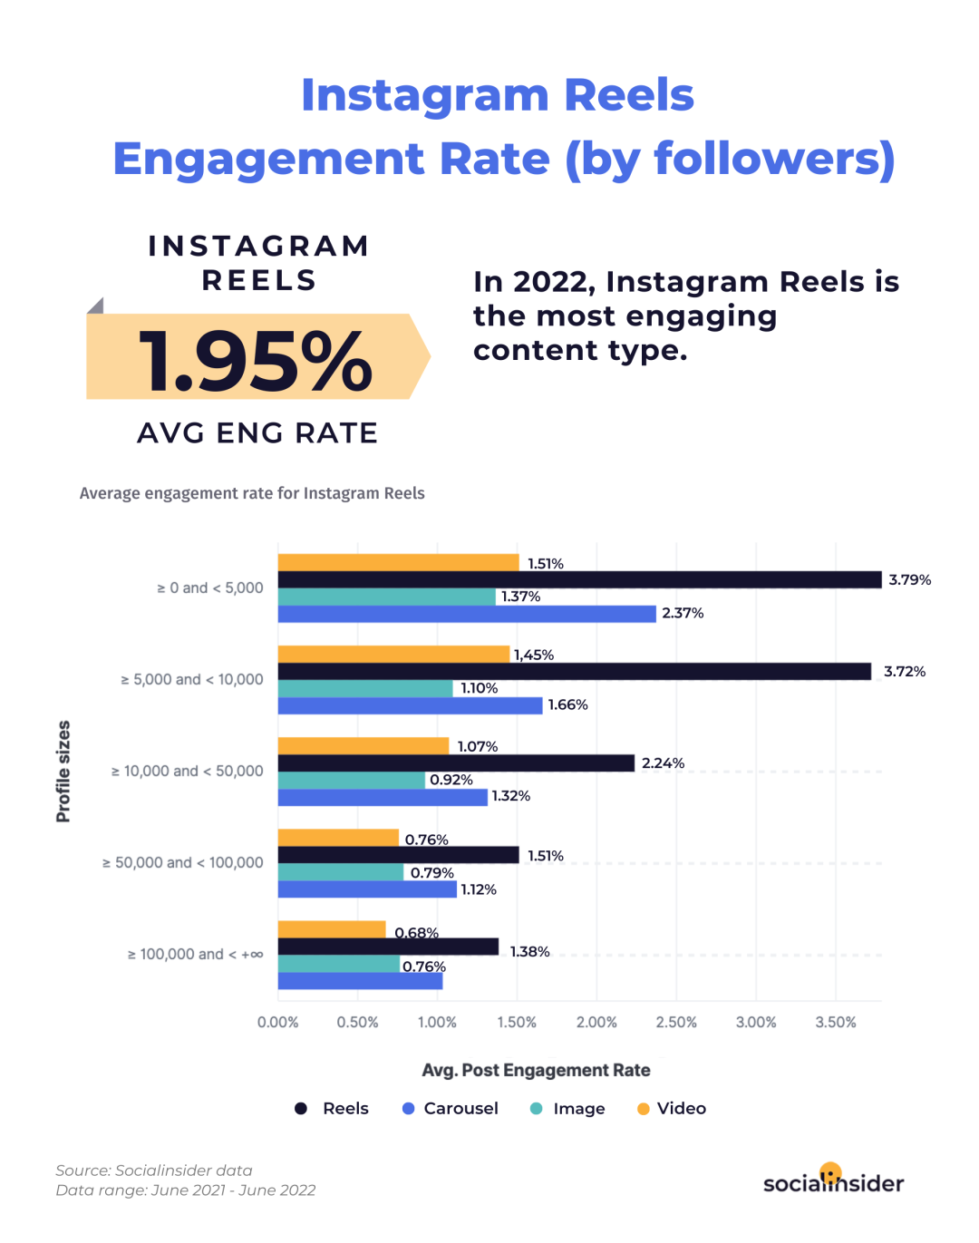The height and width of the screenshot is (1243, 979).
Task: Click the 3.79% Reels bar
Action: click(x=579, y=580)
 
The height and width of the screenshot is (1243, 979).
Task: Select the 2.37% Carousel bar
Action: click(x=467, y=614)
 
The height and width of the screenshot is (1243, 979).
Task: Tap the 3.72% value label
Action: click(x=905, y=672)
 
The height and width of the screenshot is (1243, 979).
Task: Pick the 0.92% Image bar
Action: click(x=352, y=780)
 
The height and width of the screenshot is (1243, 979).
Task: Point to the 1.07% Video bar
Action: click(x=363, y=746)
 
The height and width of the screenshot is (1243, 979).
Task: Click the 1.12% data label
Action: click(x=479, y=889)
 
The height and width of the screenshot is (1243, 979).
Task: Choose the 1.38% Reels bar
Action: click(x=388, y=947)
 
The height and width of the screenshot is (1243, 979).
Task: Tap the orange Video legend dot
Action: click(x=644, y=1109)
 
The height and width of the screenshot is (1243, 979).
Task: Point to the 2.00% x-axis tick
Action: click(x=596, y=1023)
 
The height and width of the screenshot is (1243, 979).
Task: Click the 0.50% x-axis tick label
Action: click(x=357, y=1023)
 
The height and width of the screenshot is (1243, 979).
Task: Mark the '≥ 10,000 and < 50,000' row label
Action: click(x=188, y=772)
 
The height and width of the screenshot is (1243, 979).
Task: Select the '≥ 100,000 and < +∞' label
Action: click(x=196, y=955)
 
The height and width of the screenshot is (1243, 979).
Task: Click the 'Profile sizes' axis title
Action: click(x=63, y=772)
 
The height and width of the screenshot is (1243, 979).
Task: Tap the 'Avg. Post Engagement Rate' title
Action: click(x=536, y=1071)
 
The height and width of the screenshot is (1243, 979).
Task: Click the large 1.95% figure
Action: click(x=256, y=362)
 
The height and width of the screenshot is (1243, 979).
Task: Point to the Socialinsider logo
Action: click(x=833, y=1181)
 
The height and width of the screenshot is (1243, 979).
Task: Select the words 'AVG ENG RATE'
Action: click(x=257, y=433)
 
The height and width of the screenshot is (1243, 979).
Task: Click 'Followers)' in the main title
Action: click(x=774, y=159)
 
